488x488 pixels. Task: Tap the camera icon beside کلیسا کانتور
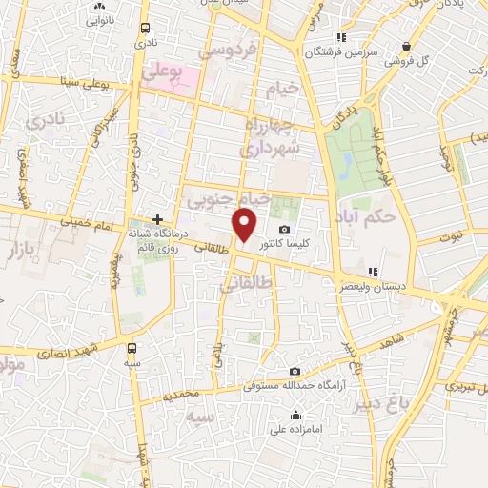point(285,229)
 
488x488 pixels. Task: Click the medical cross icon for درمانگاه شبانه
point(158,218)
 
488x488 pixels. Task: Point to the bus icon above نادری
point(144,28)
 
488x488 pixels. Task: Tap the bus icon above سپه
point(132,348)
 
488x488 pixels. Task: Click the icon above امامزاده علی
point(295,415)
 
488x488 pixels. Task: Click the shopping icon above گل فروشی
point(407,46)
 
